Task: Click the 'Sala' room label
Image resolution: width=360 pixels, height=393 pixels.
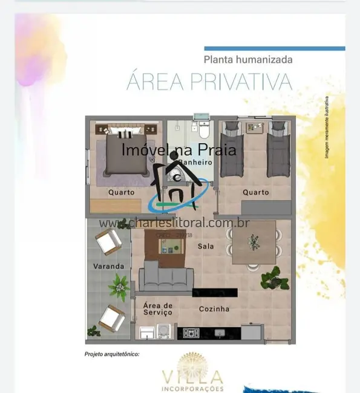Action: coord(206,246)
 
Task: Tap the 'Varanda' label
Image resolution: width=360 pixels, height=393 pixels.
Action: coord(108,266)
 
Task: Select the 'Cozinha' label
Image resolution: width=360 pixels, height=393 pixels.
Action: coord(214,309)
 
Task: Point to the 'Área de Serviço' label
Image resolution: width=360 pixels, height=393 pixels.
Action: coord(157,309)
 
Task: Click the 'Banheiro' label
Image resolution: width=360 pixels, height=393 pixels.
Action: coord(194,163)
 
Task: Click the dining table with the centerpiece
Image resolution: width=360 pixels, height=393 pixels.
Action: coord(253,242)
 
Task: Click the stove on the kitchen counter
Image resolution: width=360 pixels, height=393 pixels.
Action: coord(192,333)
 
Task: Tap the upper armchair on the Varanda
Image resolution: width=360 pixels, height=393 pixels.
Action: coord(109,242)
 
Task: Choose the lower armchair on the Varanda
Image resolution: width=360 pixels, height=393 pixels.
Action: coord(111,318)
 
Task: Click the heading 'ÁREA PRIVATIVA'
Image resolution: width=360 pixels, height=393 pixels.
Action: coord(209,82)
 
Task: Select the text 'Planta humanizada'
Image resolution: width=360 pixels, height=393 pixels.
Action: coord(248,59)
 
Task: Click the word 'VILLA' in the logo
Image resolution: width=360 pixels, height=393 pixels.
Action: coord(192,377)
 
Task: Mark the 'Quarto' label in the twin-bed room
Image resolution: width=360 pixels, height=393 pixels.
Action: coord(255,192)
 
